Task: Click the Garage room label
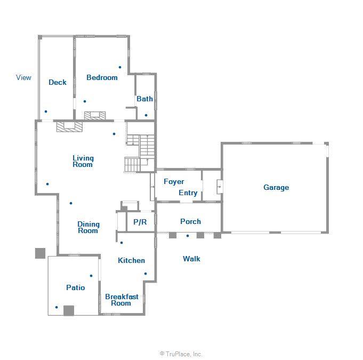(276, 187)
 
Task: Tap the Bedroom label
(102, 77)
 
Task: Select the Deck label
(58, 82)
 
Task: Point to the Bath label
(144, 99)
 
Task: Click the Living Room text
(83, 161)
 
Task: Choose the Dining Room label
(88, 227)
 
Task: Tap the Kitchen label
(131, 260)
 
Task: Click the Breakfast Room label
(122, 300)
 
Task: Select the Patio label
(76, 287)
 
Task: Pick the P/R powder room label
(140, 222)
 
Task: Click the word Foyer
(174, 181)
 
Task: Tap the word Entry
(188, 193)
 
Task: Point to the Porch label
(190, 221)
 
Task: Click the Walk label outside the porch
(191, 259)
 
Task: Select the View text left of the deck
(23, 77)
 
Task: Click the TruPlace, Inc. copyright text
(181, 354)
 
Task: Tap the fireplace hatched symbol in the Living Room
(69, 126)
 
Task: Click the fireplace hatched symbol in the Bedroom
(95, 115)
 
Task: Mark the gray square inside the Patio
(68, 310)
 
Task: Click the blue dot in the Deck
(46, 111)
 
